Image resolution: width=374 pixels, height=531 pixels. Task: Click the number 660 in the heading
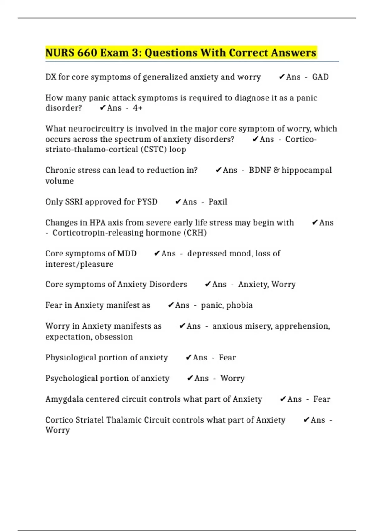(x=87, y=52)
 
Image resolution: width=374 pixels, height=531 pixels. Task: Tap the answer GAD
(x=320, y=77)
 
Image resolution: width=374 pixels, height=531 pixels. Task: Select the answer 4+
(x=137, y=108)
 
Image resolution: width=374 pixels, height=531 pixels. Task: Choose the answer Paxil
(x=218, y=202)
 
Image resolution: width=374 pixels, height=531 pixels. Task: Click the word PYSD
(x=147, y=202)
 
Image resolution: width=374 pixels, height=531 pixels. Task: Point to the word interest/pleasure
(x=79, y=264)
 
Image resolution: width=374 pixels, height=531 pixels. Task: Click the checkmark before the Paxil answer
(x=178, y=202)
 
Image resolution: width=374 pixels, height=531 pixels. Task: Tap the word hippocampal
(x=307, y=170)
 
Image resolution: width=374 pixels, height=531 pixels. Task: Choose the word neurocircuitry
(x=98, y=129)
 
